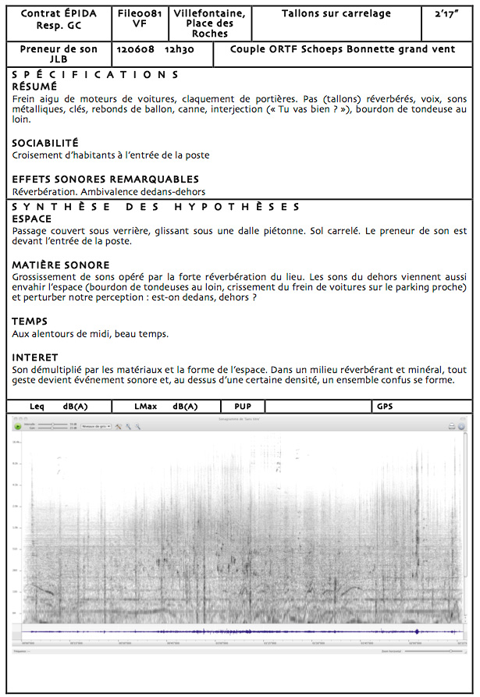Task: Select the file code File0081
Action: [x=140, y=14]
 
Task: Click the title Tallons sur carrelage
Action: [x=336, y=14]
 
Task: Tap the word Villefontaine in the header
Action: [x=209, y=14]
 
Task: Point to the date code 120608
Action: [x=133, y=49]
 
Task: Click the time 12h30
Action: [x=179, y=49]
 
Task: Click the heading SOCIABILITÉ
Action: [x=45, y=144]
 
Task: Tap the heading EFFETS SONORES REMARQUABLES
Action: [x=105, y=180]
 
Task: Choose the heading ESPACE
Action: [x=32, y=219]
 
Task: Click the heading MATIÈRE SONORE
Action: [x=60, y=265]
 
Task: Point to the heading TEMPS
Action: [x=30, y=322]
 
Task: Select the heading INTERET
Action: [x=35, y=357]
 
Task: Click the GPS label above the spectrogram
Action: [x=384, y=407]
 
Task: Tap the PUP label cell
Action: [x=242, y=407]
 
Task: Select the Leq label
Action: [x=37, y=407]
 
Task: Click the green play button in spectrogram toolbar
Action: [x=18, y=426]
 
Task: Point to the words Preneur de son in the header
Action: [x=58, y=49]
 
